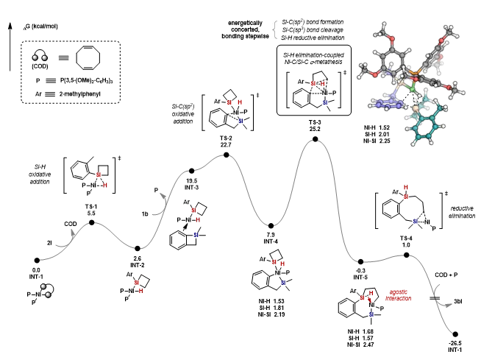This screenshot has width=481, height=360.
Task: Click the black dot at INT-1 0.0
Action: point(37,259)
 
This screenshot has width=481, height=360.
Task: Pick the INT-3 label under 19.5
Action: point(193,187)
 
